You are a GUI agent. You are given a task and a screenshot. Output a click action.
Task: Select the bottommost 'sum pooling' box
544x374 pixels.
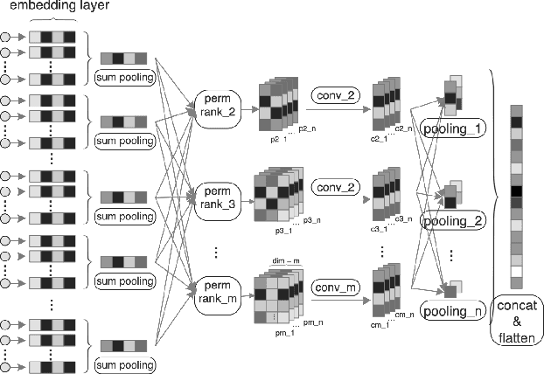coord(126,362)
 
